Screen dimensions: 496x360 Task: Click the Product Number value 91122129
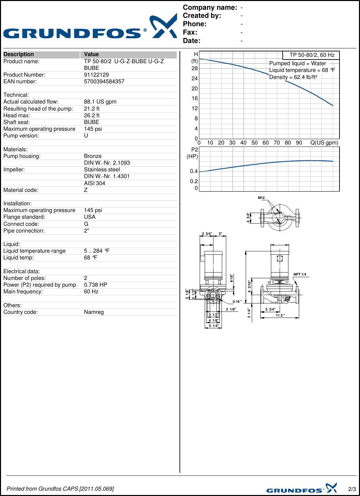[x=96, y=75]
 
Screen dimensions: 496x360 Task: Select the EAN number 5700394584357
[x=104, y=82]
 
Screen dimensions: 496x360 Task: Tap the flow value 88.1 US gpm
[x=100, y=102]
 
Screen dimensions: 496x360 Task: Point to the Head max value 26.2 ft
[x=92, y=116]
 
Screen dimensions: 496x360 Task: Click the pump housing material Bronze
[x=93, y=156]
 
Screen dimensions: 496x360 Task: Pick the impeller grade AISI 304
[x=94, y=183]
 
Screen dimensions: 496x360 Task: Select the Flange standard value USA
[x=90, y=217]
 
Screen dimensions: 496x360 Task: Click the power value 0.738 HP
[x=95, y=285]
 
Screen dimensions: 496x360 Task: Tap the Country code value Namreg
[x=94, y=312]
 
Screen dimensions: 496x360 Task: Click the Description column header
[x=19, y=54]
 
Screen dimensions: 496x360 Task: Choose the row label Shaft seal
[x=16, y=122]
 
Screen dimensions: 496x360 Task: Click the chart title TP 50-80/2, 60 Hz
[x=312, y=55]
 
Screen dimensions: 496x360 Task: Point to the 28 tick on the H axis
[x=195, y=69]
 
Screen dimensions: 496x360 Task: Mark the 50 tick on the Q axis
[x=254, y=143]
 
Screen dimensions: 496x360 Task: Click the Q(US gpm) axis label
[x=324, y=143]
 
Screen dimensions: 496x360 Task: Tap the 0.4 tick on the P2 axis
[x=194, y=171]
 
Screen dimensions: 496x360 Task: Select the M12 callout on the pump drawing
[x=261, y=198]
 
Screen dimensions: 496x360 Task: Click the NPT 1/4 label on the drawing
[x=300, y=275]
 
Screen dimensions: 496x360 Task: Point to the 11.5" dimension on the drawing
[x=280, y=316]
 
